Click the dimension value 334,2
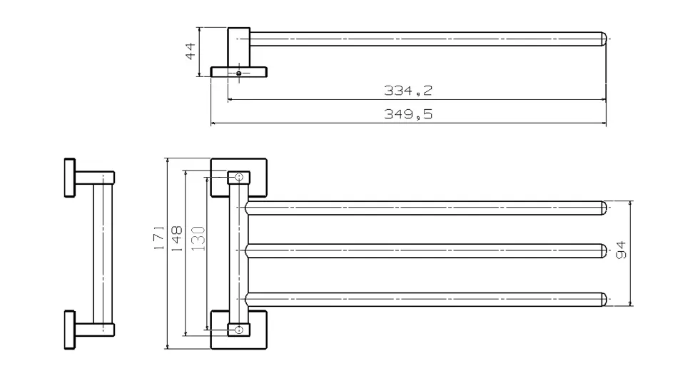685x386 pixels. coord(408,91)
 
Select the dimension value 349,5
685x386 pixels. coord(408,114)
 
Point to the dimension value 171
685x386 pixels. coord(159,238)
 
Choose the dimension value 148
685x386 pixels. coord(176,238)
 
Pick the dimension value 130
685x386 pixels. coord(198,238)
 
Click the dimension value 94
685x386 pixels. coord(621,250)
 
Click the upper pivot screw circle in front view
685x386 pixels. coord(239,177)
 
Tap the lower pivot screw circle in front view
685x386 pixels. coord(239,330)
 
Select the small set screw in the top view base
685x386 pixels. coord(239,73)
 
